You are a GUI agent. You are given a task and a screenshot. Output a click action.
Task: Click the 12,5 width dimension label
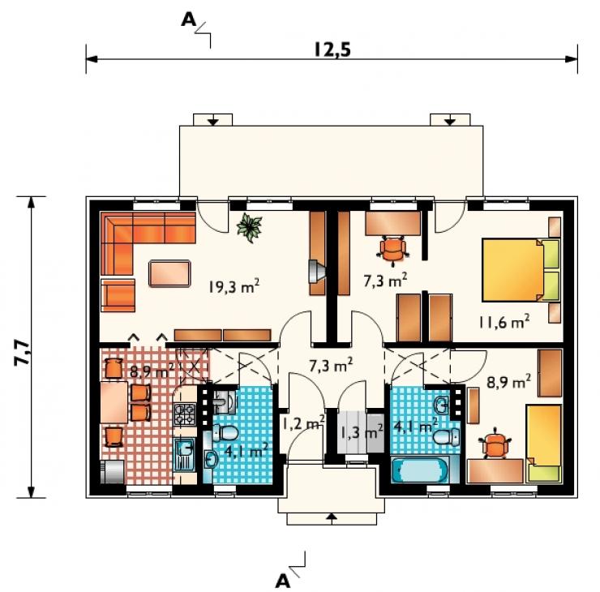(332, 49)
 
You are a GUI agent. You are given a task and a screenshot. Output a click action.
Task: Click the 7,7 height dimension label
(22, 352)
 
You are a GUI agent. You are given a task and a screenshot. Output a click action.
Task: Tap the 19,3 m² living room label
(234, 285)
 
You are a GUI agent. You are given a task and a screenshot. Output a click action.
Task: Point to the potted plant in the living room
(249, 228)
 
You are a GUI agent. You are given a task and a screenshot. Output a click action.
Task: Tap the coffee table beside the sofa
(169, 273)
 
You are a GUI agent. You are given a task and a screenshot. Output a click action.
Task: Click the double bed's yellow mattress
(512, 270)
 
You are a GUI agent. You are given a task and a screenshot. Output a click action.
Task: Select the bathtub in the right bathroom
(421, 470)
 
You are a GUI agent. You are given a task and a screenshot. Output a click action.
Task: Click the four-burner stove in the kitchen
(184, 414)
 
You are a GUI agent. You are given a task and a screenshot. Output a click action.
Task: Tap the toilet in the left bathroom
(225, 433)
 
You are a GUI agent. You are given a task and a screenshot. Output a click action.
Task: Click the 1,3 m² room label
(362, 432)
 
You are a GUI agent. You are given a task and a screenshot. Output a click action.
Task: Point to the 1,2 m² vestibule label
(303, 423)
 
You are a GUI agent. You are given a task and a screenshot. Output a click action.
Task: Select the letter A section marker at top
(188, 20)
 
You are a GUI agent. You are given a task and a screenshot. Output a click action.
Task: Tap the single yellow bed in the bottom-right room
(544, 443)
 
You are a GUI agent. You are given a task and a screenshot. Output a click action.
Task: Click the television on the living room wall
(316, 271)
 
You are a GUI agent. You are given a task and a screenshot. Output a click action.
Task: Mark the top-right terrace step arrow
(450, 121)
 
